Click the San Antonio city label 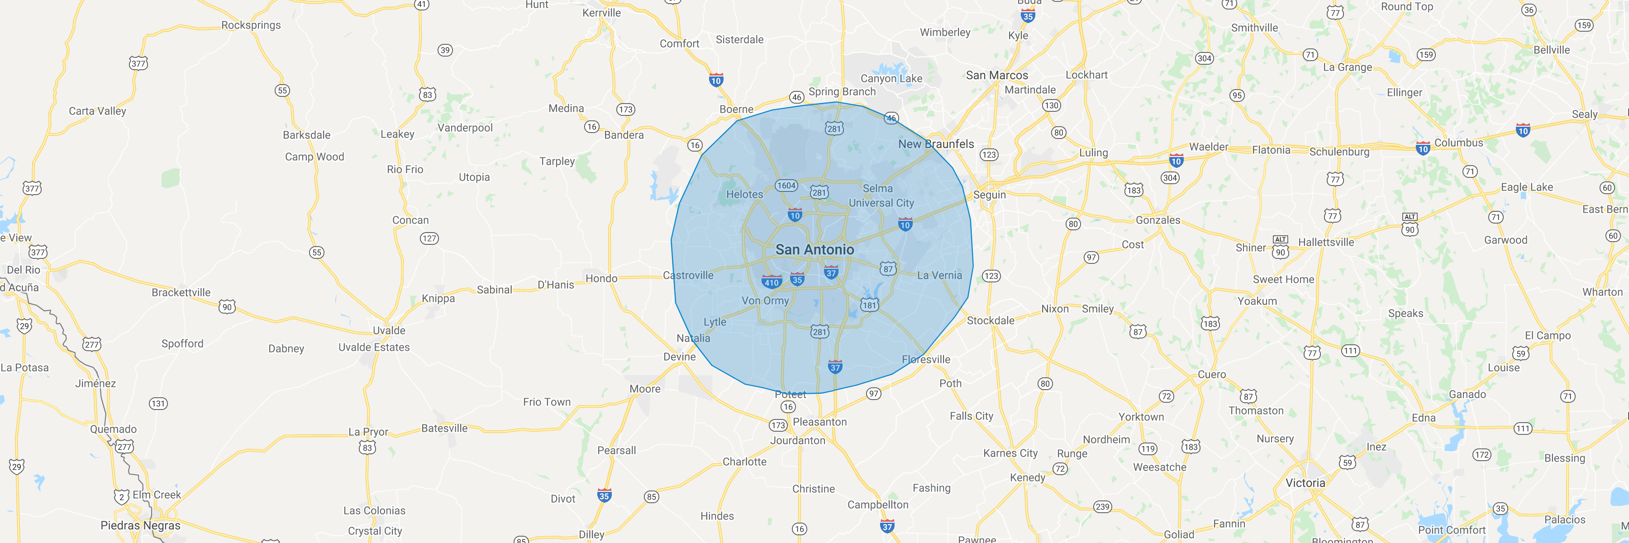click(814, 250)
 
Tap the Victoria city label click(1305, 483)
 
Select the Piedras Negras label click(140, 525)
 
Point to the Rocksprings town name click(251, 25)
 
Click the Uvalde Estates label click(374, 347)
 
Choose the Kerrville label click(601, 13)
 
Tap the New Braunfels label click(936, 144)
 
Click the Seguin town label click(989, 195)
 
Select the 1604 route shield click(786, 185)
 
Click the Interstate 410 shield click(772, 282)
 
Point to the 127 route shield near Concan click(429, 238)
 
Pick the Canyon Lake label click(891, 78)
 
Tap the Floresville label click(926, 359)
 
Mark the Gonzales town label click(1158, 220)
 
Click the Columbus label click(1458, 143)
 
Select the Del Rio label click(24, 270)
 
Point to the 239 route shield click(1102, 506)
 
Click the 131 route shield click(158, 403)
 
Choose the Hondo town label click(601, 278)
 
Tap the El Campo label click(1548, 336)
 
